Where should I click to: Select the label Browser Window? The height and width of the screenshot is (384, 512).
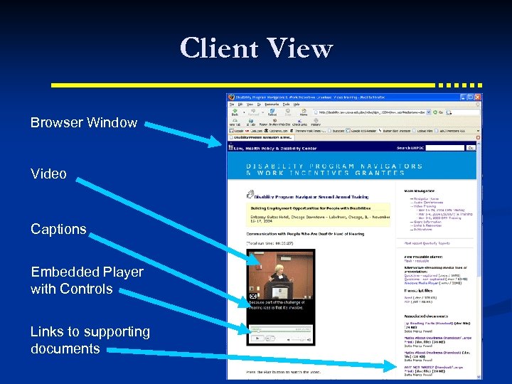[x=84, y=122]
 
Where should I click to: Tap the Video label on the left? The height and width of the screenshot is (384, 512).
[x=48, y=174]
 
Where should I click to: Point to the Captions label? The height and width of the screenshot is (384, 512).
[x=58, y=229]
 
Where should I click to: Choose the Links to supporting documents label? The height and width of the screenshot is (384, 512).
[x=90, y=340]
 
